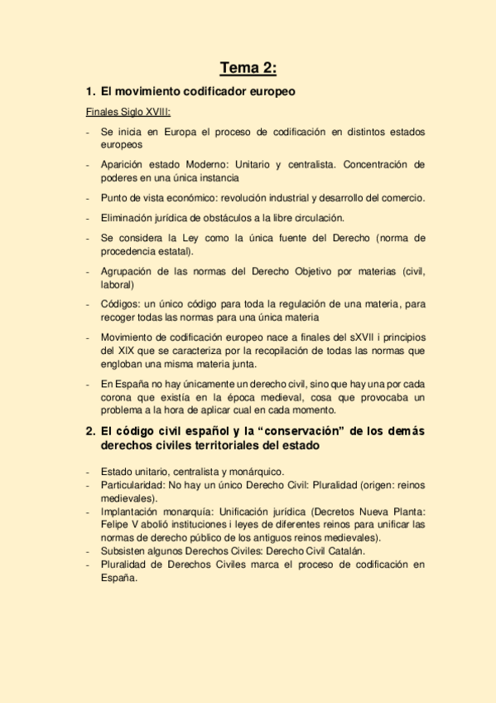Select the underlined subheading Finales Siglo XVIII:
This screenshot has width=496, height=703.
click(x=129, y=111)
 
